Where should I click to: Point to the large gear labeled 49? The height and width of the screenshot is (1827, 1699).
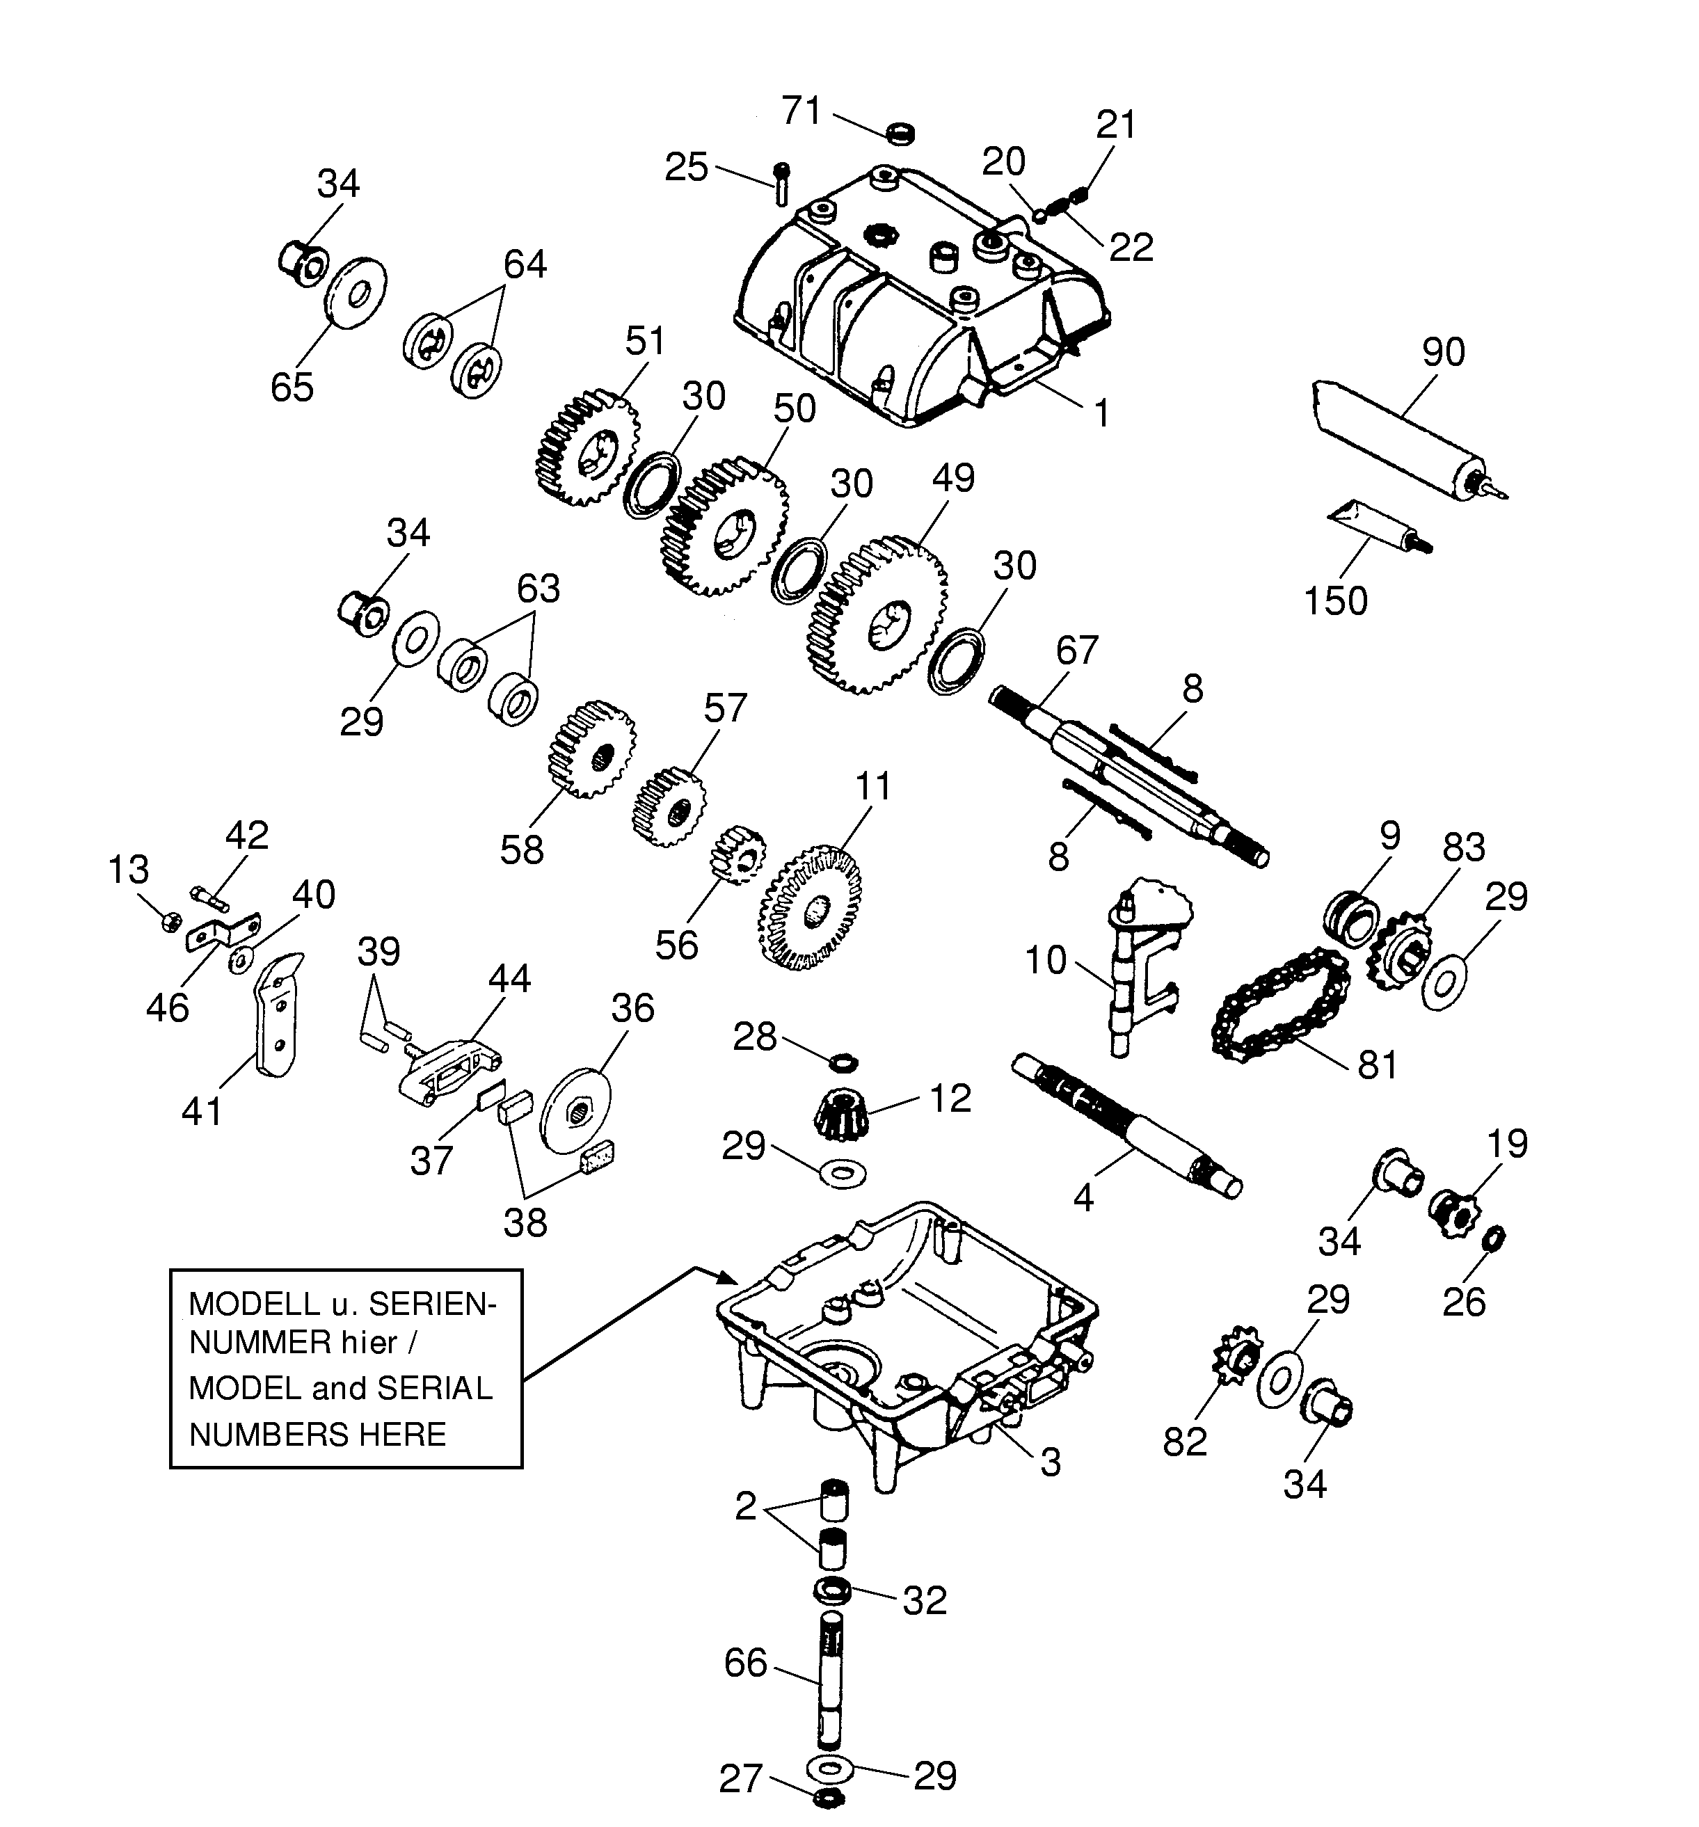(x=877, y=614)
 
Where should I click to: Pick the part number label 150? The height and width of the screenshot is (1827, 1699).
(x=1335, y=601)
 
